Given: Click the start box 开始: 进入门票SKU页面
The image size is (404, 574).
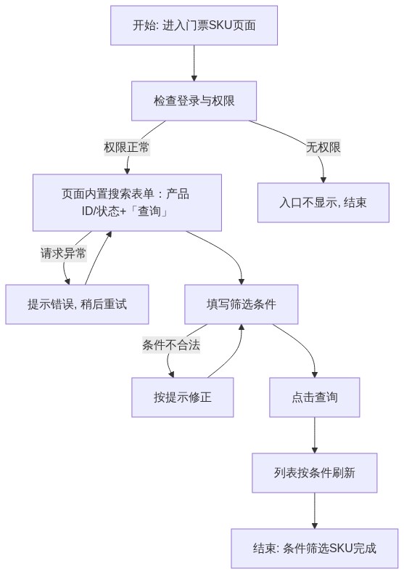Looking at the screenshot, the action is tap(194, 25).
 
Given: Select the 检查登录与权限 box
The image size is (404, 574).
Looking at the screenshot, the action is tap(194, 101).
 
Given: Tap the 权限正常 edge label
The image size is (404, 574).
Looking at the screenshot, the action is tap(127, 147).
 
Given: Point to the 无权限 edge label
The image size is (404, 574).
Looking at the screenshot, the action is tap(323, 147).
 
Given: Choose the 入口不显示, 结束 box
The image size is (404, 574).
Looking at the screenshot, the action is tap(323, 203).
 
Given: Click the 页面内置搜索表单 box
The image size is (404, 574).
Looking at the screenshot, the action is tap(127, 203).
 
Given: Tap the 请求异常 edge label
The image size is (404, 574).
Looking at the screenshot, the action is tap(63, 253).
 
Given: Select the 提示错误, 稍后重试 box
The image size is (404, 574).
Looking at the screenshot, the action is tap(77, 304).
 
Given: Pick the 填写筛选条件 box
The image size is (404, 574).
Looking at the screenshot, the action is tap(241, 304).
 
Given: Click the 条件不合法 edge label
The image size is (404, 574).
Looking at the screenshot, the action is tap(171, 345).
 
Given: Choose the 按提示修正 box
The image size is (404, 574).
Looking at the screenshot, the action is tap(183, 397).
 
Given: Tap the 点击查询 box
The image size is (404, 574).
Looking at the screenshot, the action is tap(315, 397).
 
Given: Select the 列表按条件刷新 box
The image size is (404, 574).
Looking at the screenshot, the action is tap(315, 472).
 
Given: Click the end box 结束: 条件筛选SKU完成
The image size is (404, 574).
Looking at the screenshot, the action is tap(315, 548).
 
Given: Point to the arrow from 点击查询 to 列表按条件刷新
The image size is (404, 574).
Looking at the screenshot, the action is tap(315, 435).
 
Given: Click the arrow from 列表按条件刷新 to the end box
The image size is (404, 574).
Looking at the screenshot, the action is tap(315, 510).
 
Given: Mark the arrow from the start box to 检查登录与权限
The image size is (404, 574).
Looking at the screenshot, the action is tap(194, 63).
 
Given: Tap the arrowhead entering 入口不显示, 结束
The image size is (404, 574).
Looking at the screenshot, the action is tap(323, 180).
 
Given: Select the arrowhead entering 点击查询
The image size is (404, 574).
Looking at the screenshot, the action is tap(315, 375).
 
